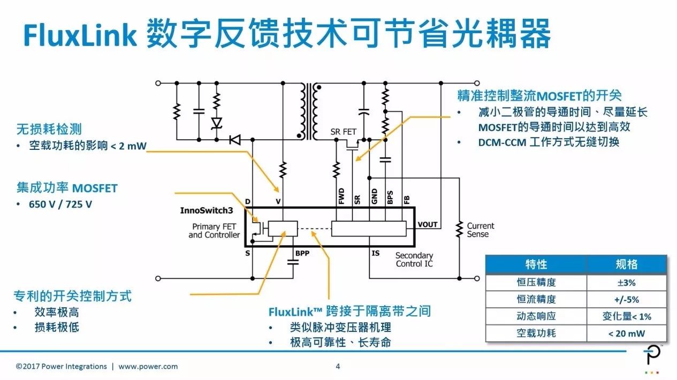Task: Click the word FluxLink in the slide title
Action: (79, 35)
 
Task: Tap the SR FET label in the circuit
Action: (343, 132)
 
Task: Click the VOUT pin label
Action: (428, 224)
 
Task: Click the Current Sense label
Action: (480, 230)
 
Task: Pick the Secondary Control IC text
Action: (414, 260)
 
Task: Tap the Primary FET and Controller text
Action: (214, 231)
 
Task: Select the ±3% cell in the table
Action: (626, 283)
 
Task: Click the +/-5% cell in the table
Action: (626, 300)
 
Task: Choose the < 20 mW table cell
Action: (626, 333)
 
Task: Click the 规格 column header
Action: (626, 265)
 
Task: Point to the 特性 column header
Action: (536, 265)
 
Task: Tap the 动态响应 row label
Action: (536, 316)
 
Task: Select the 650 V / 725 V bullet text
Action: (60, 204)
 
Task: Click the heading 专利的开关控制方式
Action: (73, 296)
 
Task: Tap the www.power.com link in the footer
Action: (148, 367)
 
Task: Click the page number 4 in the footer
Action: (338, 367)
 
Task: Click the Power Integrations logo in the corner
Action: (651, 358)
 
